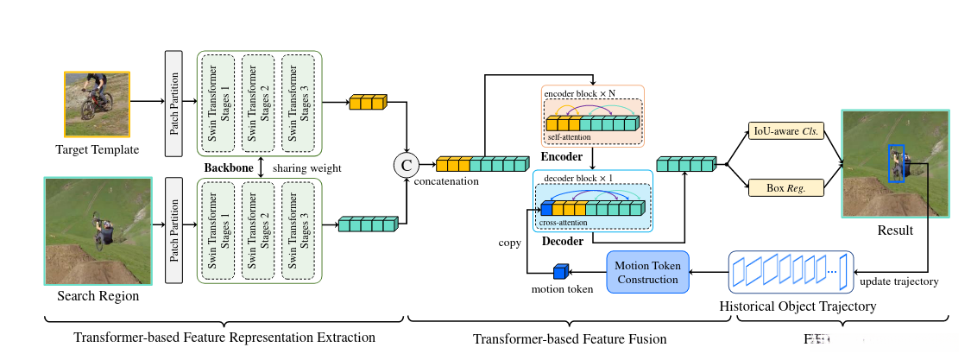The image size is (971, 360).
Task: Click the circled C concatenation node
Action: tap(405, 163)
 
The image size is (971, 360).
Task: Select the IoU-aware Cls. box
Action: tap(785, 131)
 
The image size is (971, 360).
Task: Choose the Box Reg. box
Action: tap(785, 186)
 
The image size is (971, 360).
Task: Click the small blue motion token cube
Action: tap(559, 272)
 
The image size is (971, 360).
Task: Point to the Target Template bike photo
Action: tap(96, 103)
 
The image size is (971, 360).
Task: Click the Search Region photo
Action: tap(98, 231)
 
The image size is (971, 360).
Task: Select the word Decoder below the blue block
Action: tap(562, 241)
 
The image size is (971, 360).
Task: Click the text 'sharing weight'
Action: tap(307, 167)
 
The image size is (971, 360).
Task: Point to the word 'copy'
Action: tap(509, 243)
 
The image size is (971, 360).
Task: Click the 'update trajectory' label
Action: tap(898, 282)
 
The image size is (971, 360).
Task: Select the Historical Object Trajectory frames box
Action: tap(791, 272)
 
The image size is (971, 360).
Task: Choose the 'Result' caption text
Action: tap(895, 231)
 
